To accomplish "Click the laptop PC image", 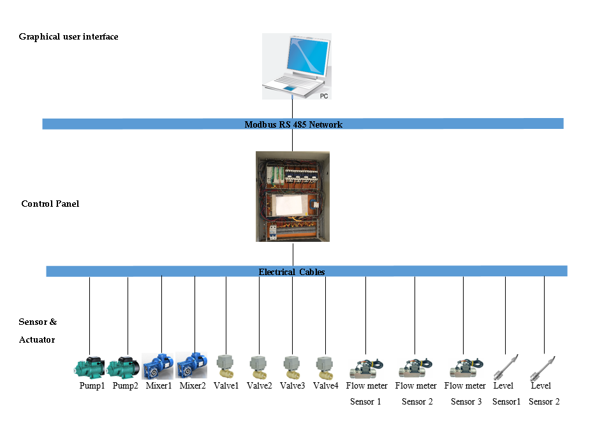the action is [297, 66].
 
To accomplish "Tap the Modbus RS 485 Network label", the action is [293, 124].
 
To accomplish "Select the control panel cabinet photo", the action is [293, 197].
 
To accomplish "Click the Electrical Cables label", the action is [291, 272].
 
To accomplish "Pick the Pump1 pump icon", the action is [89, 367].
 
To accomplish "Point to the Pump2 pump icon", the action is [123, 367].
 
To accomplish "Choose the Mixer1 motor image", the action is [158, 366].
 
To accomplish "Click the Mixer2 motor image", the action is [191, 365].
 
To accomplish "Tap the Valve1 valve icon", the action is [225, 367].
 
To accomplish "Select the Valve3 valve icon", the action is [292, 367].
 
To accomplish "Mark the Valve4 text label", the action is [326, 385].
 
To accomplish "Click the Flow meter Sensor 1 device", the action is [366, 369].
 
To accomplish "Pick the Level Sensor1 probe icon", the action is [506, 368].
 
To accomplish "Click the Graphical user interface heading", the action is [68, 37].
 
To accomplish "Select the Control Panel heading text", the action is [50, 204].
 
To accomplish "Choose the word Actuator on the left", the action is [37, 339].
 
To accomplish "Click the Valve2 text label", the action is [259, 385].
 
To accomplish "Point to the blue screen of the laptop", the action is [308, 56].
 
